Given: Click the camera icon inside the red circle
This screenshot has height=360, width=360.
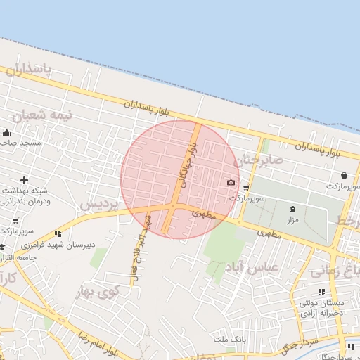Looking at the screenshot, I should coord(231,183).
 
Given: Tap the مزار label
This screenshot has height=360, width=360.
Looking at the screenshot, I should coord(293,220).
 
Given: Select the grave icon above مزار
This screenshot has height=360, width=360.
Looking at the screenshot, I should coord(293,209).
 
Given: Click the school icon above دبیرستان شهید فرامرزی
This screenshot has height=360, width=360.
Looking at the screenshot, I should coord(58,233).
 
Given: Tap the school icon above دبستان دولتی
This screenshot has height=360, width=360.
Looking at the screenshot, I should coord(321,292).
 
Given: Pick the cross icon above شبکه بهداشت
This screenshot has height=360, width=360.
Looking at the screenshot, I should coord(25,181).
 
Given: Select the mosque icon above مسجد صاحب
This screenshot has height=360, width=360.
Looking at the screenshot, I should coord(7,132).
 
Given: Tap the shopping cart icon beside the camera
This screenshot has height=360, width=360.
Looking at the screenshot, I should coord(246,188).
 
